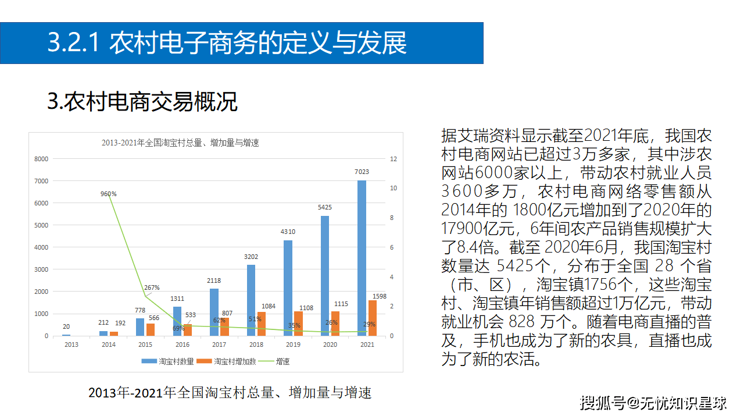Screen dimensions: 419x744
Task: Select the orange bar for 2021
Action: coord(372,318)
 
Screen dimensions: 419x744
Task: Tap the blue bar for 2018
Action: coord(251,300)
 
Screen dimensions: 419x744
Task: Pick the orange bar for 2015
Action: coord(151,329)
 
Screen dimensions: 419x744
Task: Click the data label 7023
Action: coord(362,172)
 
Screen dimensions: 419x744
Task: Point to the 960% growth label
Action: coord(108,194)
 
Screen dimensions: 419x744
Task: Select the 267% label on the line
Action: coord(151,287)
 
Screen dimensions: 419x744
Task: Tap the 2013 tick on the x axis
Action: coord(71,345)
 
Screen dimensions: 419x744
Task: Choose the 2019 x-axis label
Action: coord(293,345)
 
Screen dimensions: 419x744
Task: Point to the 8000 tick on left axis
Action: coord(41,159)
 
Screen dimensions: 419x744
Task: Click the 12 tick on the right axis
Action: coord(394,159)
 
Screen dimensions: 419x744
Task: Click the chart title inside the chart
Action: coord(180,143)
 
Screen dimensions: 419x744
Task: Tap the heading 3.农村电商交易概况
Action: coord(142,102)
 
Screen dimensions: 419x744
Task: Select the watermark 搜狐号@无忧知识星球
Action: coord(653,402)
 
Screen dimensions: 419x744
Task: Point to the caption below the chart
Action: coord(230,392)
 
